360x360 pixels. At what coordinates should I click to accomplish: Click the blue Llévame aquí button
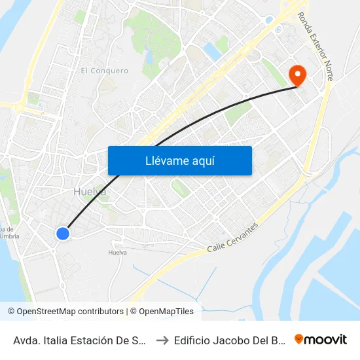pyautogui.click(x=180, y=160)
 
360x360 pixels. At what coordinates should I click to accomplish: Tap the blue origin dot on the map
pyautogui.click(x=63, y=234)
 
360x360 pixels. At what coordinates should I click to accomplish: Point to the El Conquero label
pyautogui.click(x=104, y=71)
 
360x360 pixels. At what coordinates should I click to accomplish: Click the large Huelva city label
pyautogui.click(x=90, y=192)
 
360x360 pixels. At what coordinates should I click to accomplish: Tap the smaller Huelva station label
pyautogui.click(x=117, y=252)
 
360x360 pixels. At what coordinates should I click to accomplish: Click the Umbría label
pyautogui.click(x=13, y=236)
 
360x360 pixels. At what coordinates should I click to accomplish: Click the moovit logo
pyautogui.click(x=321, y=339)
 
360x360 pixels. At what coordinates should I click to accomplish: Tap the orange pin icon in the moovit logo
pyautogui.click(x=299, y=339)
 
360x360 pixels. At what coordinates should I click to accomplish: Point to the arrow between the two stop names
pyautogui.click(x=162, y=340)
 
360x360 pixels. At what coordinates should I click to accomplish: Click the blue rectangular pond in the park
pyautogui.click(x=211, y=52)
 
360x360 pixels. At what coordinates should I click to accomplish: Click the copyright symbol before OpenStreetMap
pyautogui.click(x=12, y=312)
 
